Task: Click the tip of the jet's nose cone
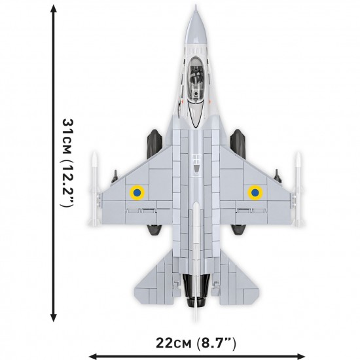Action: pyautogui.click(x=197, y=8)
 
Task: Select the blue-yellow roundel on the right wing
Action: pyautogui.click(x=254, y=192)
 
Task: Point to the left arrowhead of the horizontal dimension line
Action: pyautogui.click(x=92, y=356)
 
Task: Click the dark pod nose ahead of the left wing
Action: pyautogui.click(x=154, y=139)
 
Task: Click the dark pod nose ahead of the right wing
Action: pyautogui.click(x=239, y=139)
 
